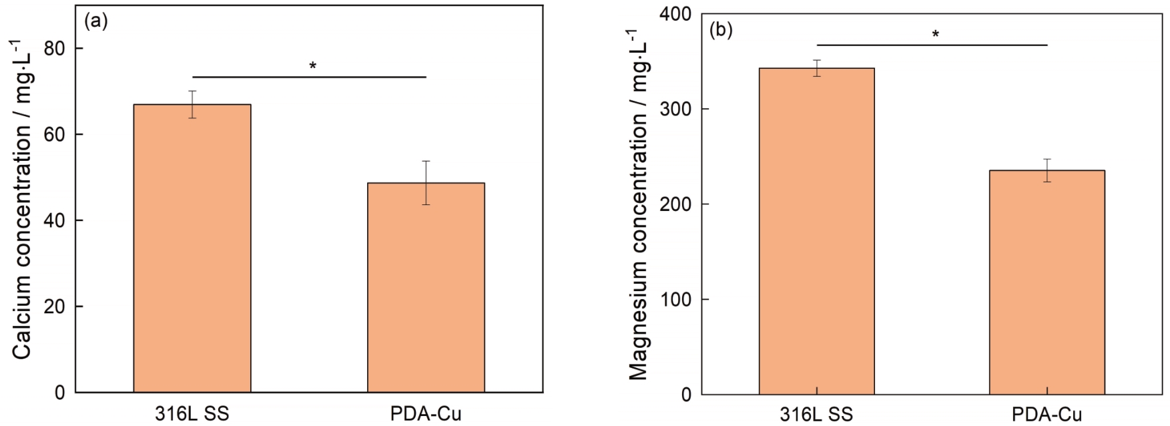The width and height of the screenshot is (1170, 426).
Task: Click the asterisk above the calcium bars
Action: pos(312,66)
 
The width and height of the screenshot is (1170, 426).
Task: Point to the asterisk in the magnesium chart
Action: pos(935,34)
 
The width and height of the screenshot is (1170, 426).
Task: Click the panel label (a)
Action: pos(96,21)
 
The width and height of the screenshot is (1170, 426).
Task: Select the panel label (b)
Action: pos(721,30)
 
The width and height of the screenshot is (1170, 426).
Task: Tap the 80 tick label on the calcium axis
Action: pos(55,49)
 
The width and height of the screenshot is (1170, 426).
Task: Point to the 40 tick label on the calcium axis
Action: pos(55,220)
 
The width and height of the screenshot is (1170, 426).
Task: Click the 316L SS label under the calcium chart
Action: pos(192,414)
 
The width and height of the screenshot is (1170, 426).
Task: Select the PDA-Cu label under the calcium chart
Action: pos(426,414)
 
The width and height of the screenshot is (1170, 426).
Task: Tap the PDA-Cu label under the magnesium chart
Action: pos(1047,415)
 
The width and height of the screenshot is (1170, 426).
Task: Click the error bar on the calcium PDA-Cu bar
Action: pos(426,182)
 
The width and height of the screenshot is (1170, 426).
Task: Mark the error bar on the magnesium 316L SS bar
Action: pos(816,68)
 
